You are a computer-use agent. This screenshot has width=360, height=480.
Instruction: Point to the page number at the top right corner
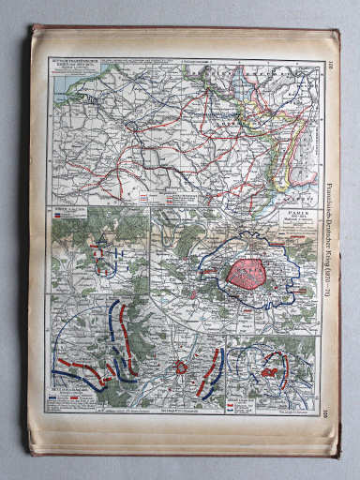(330, 66)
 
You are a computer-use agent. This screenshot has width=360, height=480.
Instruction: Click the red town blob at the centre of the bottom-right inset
(271, 372)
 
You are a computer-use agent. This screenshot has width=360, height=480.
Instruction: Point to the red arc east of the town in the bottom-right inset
(284, 361)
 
